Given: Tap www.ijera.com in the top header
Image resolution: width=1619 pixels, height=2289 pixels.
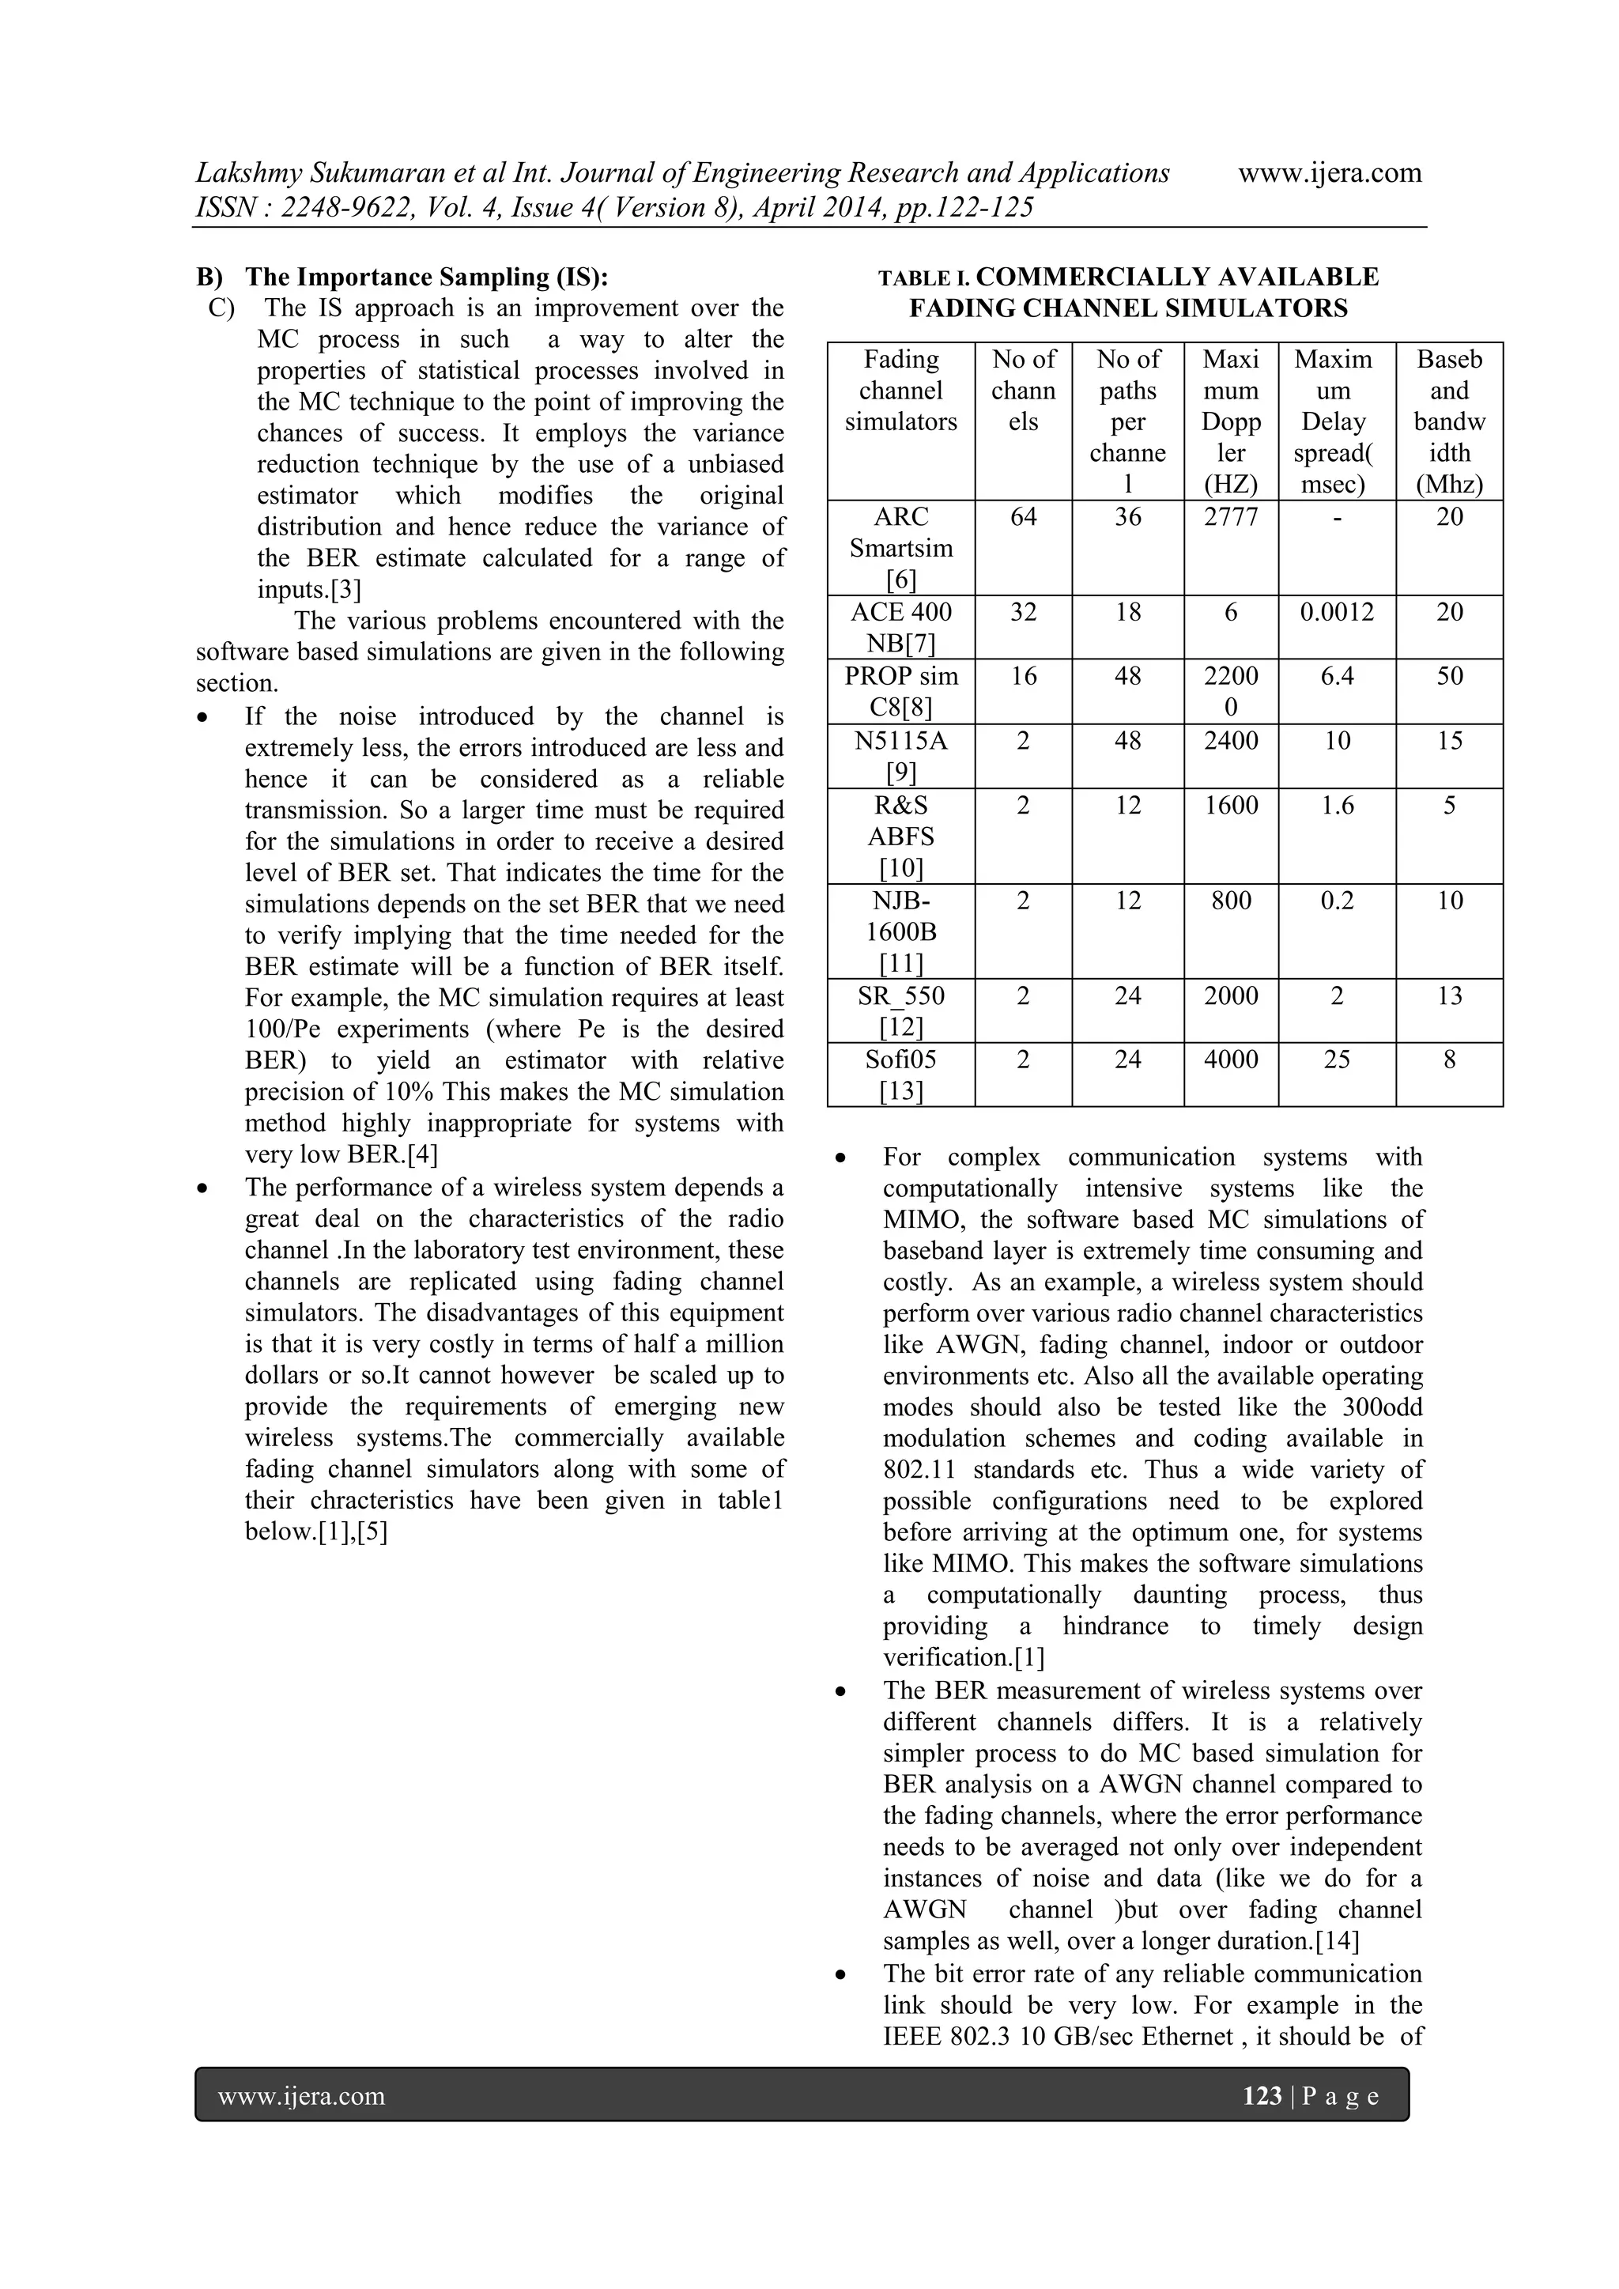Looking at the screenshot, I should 1329,172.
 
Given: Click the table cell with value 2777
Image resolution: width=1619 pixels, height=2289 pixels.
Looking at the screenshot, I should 1230,516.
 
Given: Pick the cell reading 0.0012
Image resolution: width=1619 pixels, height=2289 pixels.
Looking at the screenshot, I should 1336,611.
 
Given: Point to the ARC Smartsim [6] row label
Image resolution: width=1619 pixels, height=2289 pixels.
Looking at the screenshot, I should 900,547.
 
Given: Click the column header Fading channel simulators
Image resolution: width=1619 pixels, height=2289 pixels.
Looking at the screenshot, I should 900,390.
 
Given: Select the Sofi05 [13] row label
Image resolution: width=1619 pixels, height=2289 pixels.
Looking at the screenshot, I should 900,1075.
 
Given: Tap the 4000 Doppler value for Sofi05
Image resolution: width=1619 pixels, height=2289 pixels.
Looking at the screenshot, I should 1230,1059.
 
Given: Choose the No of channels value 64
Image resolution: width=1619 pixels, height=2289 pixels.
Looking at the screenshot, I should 1023,516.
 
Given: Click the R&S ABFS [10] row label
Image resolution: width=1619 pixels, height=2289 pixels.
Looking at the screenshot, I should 900,836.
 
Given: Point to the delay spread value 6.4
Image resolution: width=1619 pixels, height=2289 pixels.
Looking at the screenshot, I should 1336,675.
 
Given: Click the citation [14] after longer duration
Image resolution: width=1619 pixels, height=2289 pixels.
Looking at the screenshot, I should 1337,1940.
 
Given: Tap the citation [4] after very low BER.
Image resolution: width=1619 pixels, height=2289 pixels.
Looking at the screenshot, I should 419,1154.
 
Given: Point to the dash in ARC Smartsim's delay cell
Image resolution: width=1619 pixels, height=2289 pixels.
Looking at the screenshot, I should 1336,516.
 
